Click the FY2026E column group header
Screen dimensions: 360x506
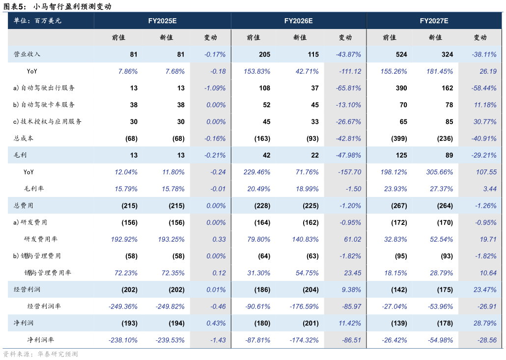pos(298,21)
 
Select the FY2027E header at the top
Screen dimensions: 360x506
pos(434,21)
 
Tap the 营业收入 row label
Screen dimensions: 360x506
pos(27,55)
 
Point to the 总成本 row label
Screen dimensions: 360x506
pos(24,138)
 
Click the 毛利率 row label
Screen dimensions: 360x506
pos(34,189)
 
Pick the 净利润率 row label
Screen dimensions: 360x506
pos(40,340)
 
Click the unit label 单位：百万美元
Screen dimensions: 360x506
pos(37,21)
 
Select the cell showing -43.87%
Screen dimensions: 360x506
pos(348,55)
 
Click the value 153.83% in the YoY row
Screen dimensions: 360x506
pos(257,71)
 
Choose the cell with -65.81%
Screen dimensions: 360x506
pos(348,88)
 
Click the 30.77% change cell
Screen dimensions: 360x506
pos(484,122)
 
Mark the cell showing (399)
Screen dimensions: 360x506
pos(399,138)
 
